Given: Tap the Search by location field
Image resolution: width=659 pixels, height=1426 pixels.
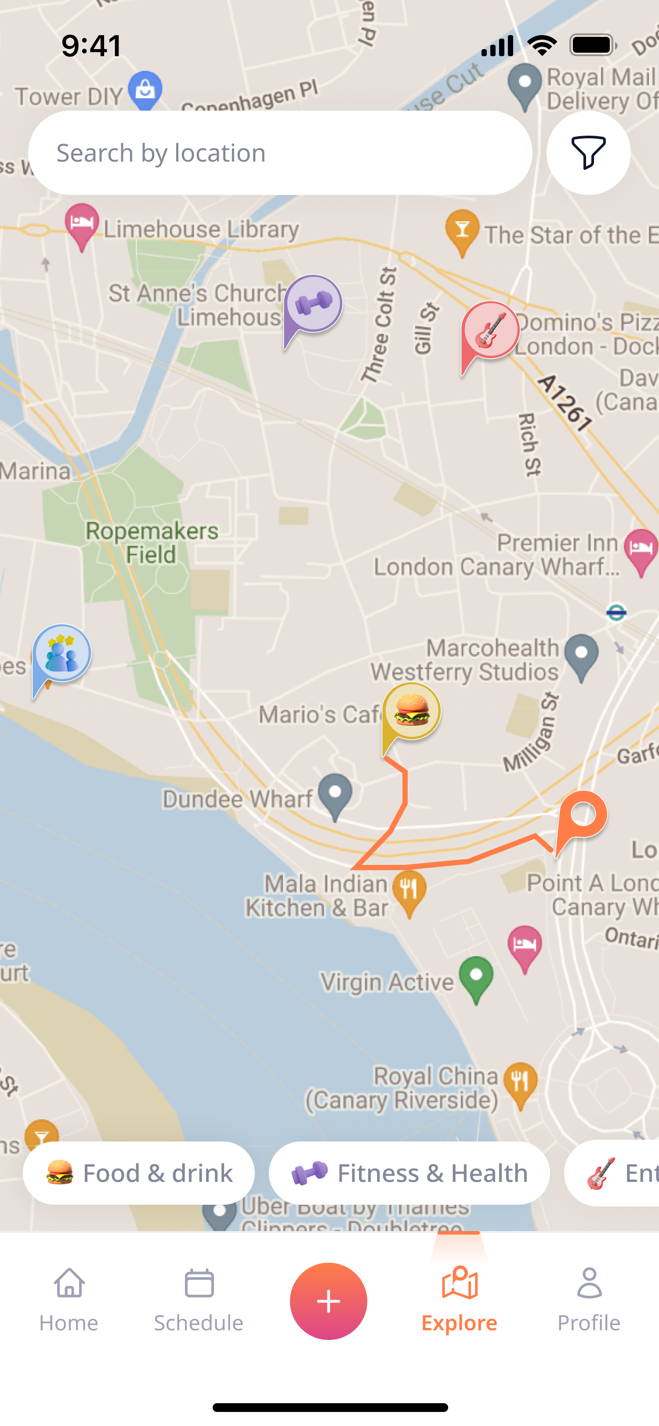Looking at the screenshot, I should (280, 153).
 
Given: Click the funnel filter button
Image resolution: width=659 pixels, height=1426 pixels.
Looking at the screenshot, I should (588, 153).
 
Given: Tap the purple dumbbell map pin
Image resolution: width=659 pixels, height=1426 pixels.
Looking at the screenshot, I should (313, 304).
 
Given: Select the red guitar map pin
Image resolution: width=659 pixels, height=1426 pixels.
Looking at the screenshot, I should (490, 331).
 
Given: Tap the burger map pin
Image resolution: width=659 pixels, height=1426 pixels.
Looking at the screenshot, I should (412, 712).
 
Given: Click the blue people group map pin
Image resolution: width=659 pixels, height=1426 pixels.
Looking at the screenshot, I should (62, 654).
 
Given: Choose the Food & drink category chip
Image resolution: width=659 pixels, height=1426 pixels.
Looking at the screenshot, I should (138, 1173).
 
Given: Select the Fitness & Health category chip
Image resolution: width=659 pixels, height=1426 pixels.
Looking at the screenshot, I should (409, 1173).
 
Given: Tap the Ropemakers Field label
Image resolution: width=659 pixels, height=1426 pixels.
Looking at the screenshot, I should (151, 543).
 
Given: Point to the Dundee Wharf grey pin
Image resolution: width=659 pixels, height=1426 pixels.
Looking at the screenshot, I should (335, 794).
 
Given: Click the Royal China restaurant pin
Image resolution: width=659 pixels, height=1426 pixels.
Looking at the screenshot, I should (521, 1082).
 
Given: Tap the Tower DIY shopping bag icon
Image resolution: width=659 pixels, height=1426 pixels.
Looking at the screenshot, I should (145, 90).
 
